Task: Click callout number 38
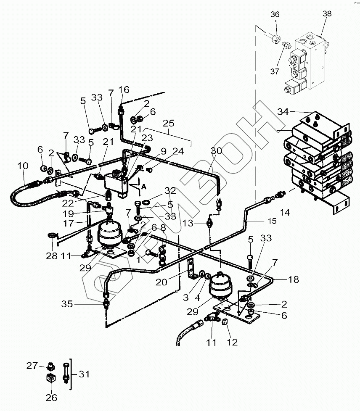[327, 14]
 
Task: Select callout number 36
[275, 15]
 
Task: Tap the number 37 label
[275, 71]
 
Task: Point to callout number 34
[283, 111]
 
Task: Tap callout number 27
[32, 366]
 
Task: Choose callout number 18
[294, 279]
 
